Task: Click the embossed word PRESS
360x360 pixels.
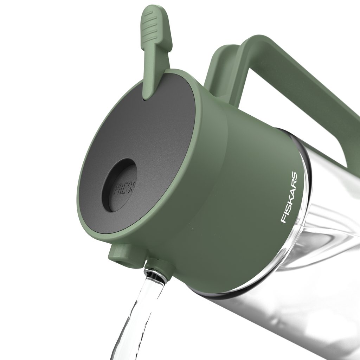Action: (x=125, y=188)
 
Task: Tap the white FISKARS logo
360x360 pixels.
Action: (x=289, y=198)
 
